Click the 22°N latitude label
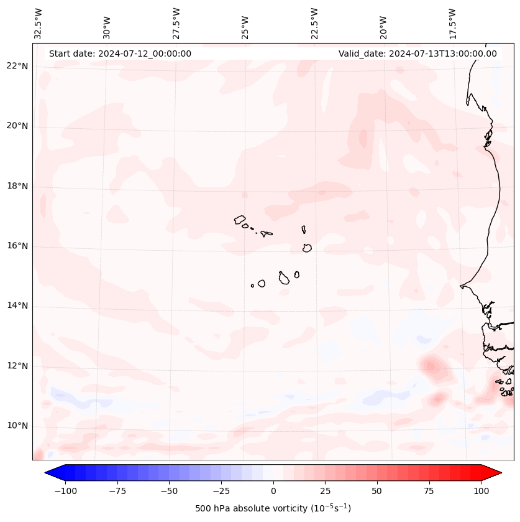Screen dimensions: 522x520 point(17,66)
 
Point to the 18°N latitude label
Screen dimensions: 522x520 point(17,186)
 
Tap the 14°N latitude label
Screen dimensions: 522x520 point(17,305)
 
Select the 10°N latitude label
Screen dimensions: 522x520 point(17,426)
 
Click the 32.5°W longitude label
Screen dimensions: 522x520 point(39,23)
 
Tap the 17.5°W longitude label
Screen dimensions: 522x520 point(452,23)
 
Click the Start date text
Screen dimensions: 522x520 point(120,54)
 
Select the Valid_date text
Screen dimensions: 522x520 point(417,54)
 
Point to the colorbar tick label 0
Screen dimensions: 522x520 point(273,491)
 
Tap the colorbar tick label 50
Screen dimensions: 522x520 point(376,491)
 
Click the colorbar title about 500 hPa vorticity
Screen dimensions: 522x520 point(273,508)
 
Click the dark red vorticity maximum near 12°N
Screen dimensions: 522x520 point(430,366)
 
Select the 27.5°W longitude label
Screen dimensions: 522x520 point(176,23)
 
